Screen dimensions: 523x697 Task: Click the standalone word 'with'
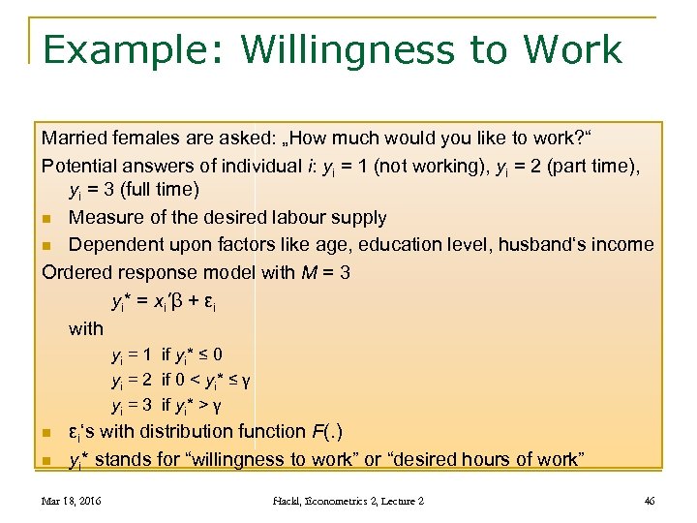click(86, 328)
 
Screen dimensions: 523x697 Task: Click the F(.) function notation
click(324, 431)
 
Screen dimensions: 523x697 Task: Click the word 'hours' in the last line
click(515, 459)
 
